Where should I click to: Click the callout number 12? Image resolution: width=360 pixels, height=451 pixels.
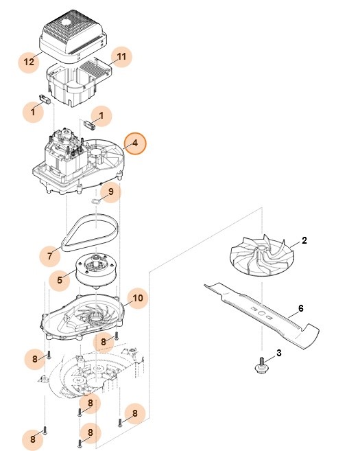click(x=29, y=62)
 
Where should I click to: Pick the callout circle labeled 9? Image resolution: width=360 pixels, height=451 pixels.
click(x=110, y=192)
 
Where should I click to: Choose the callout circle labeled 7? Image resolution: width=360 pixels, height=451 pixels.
click(x=49, y=256)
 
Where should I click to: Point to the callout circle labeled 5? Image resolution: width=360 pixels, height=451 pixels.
click(x=60, y=279)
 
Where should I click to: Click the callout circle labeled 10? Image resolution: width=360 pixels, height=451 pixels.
click(x=138, y=299)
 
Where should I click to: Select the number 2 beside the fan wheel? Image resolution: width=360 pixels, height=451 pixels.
click(x=304, y=242)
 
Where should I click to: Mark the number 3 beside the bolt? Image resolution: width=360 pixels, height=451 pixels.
click(x=278, y=353)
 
